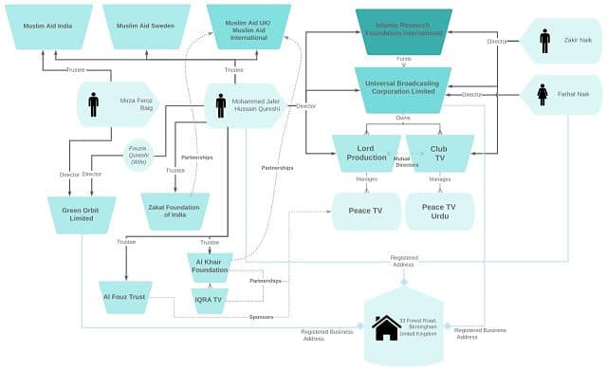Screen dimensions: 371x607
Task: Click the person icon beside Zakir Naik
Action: (544, 41)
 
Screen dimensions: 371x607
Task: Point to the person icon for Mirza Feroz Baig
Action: (93, 103)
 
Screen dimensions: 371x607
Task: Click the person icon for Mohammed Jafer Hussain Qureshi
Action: (220, 105)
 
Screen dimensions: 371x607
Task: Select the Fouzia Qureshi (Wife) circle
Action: (139, 153)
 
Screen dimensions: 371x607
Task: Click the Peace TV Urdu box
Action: (439, 212)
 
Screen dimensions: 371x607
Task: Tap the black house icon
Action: (386, 327)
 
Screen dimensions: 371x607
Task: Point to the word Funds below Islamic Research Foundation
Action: (404, 59)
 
